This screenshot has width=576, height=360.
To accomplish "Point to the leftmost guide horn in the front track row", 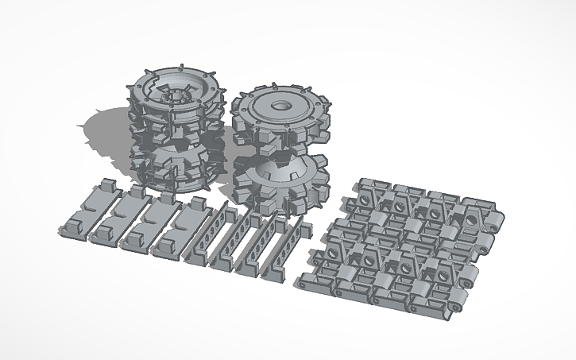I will [349, 255].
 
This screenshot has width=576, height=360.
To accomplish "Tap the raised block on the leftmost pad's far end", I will [105, 186].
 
